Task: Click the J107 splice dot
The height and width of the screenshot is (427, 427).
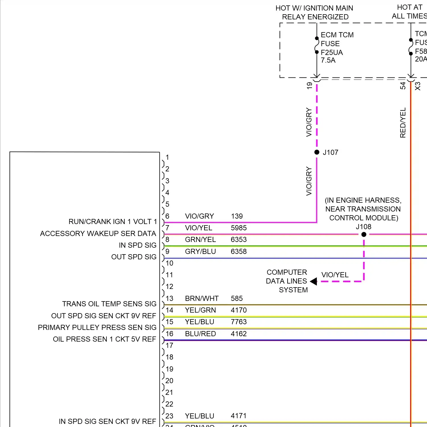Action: click(x=317, y=152)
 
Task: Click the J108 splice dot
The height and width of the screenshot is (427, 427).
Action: click(x=364, y=235)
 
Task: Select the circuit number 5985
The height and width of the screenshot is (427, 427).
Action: click(x=239, y=228)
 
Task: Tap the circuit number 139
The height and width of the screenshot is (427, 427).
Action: click(x=237, y=216)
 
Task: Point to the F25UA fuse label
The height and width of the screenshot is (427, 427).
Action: click(x=332, y=52)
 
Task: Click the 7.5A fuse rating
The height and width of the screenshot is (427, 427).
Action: click(x=328, y=60)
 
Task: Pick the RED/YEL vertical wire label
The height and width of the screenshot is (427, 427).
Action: click(x=403, y=122)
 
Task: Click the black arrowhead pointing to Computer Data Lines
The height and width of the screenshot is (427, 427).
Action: click(x=313, y=281)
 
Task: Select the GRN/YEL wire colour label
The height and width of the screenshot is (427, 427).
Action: click(x=200, y=239)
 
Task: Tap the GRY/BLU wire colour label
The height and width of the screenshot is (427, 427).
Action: click(x=200, y=251)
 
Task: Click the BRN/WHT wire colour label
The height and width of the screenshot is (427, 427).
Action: click(x=202, y=298)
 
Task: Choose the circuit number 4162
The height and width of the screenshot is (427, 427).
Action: click(x=239, y=334)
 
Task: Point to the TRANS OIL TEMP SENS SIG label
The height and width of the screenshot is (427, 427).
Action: click(x=109, y=304)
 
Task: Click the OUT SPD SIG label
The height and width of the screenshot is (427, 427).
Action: click(x=134, y=257)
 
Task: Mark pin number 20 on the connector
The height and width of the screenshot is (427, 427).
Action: click(x=169, y=381)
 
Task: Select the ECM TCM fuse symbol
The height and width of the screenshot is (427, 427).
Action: click(x=317, y=45)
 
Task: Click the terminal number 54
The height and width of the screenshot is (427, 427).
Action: click(x=403, y=85)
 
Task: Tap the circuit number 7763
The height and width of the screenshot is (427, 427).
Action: click(x=239, y=322)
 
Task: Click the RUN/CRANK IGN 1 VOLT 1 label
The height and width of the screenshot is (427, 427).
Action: click(x=113, y=221)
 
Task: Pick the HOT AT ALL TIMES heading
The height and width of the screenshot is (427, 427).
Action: click(x=409, y=12)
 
